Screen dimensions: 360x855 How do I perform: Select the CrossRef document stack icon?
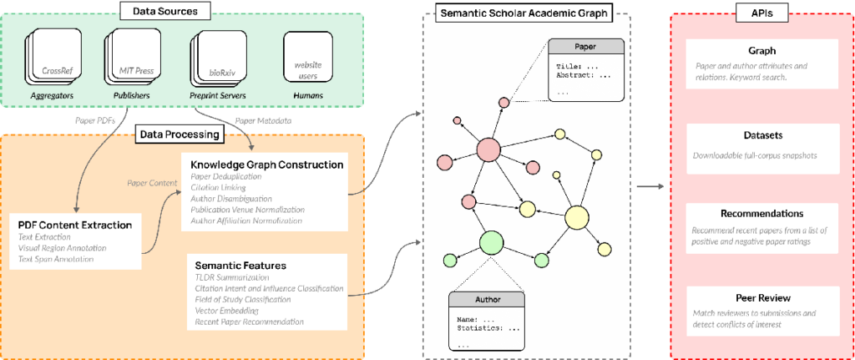56,63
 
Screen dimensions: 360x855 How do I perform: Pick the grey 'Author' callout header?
486,298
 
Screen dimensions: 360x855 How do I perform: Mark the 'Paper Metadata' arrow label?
266,120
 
